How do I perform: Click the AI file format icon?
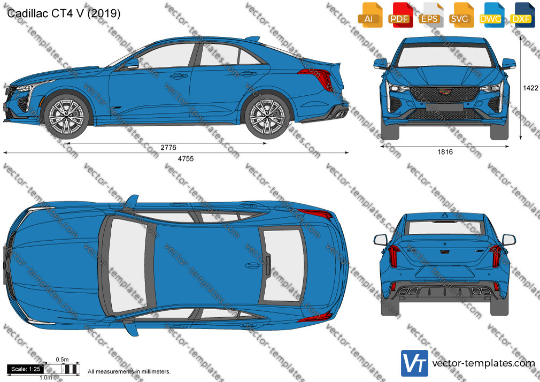tap(370, 15)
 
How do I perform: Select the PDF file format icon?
tap(400, 15)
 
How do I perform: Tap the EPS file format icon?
tap(431, 15)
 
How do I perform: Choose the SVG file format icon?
tap(461, 15)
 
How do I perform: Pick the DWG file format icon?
tap(492, 15)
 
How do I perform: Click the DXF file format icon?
tap(522, 15)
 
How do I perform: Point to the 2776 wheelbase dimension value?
tap(168, 148)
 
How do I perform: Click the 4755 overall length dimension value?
tap(186, 158)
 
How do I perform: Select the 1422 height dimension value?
tap(530, 88)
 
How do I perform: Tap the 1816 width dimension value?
tap(445, 152)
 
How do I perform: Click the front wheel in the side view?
tap(66, 116)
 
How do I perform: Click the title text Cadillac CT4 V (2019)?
tap(64, 13)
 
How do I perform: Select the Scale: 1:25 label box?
tap(26, 369)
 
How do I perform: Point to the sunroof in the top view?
tap(283, 265)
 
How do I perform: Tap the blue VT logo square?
tap(415, 363)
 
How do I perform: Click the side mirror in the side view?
tap(132, 64)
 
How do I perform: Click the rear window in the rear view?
tap(444, 228)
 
